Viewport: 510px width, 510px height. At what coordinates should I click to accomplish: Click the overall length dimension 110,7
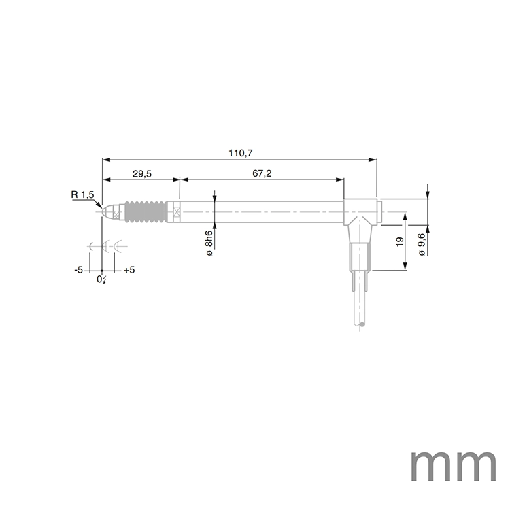(239, 154)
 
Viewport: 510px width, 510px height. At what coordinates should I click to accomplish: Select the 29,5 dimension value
(141, 174)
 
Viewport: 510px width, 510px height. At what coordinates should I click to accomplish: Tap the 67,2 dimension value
(262, 174)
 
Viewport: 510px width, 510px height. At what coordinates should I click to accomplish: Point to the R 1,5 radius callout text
(83, 195)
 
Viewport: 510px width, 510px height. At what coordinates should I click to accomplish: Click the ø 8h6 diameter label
(209, 243)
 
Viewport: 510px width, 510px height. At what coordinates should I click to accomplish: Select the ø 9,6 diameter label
(422, 243)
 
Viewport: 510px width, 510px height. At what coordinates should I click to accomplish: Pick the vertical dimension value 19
(400, 241)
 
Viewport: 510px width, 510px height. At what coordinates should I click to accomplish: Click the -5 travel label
(79, 269)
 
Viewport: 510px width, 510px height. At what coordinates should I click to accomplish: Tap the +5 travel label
(129, 269)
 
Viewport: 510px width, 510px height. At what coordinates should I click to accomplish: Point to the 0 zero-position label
(100, 279)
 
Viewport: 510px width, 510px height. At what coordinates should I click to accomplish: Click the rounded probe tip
(105, 211)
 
